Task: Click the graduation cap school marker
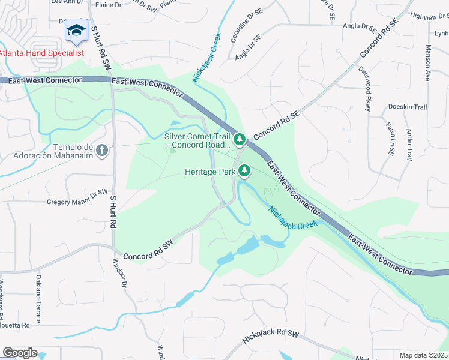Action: [x=76, y=31]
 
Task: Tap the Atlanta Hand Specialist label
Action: [x=41, y=52]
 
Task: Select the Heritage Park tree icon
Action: [x=244, y=172]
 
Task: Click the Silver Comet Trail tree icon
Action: [x=240, y=140]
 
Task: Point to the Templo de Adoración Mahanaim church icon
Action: [x=102, y=149]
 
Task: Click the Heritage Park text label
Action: [x=210, y=172]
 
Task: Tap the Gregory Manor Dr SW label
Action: [x=77, y=197]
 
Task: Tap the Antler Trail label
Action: [x=409, y=145]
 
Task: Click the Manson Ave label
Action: [x=427, y=62]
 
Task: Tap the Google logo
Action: [x=19, y=353]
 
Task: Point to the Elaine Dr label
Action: [x=108, y=4]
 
